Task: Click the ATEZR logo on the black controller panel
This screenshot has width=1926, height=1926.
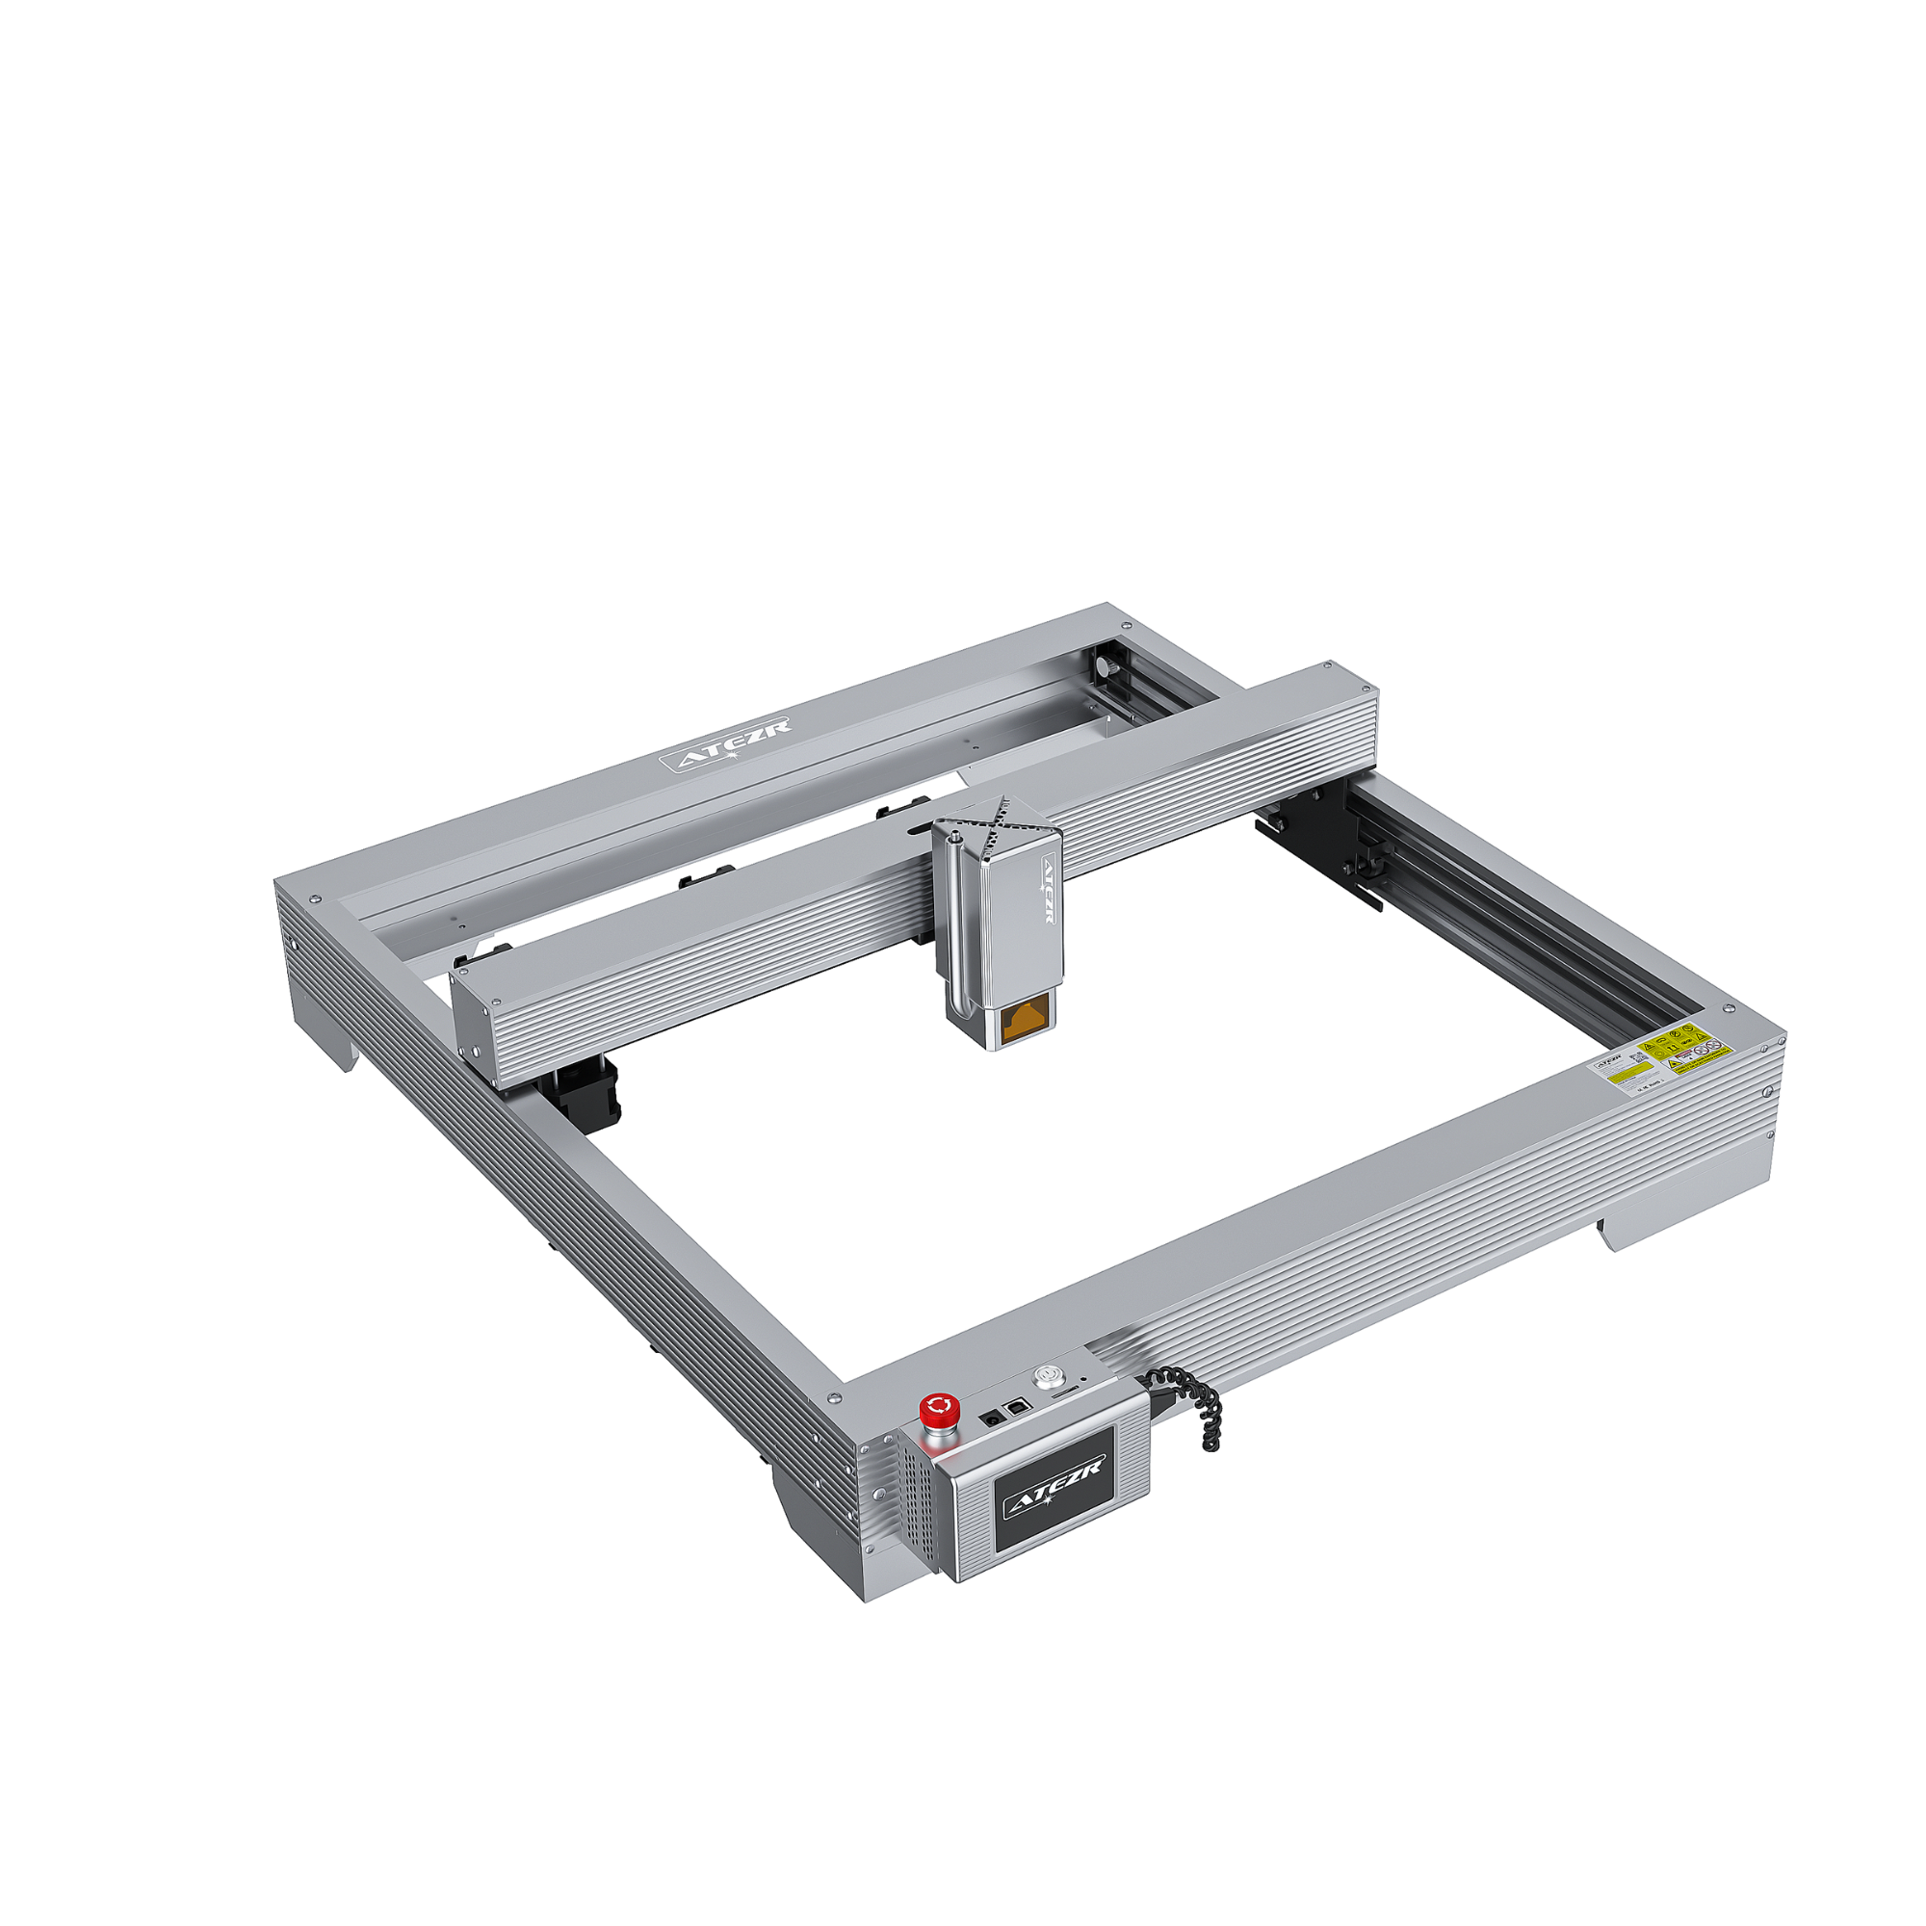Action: point(1054,1486)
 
